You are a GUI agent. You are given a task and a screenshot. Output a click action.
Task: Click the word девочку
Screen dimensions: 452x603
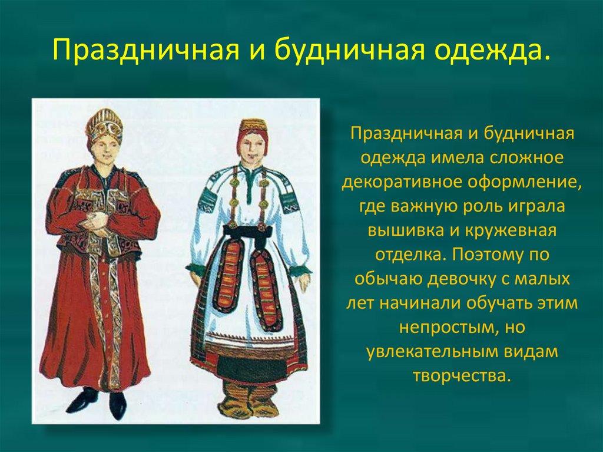tap(463, 279)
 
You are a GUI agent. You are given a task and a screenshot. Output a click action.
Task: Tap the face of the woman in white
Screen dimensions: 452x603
tap(251, 146)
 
